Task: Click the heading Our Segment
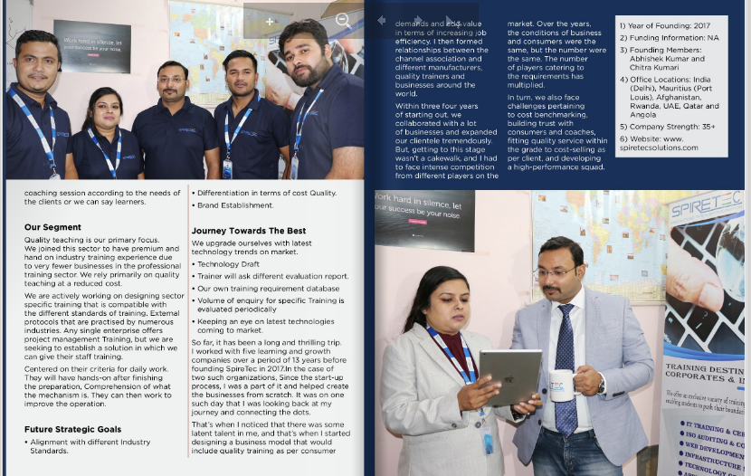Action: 52,227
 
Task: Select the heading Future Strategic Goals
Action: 72,429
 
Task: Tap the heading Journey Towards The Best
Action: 248,231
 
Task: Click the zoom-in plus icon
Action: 270,21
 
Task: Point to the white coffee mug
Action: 561,385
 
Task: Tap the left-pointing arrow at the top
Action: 382,20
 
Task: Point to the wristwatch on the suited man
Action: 601,384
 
